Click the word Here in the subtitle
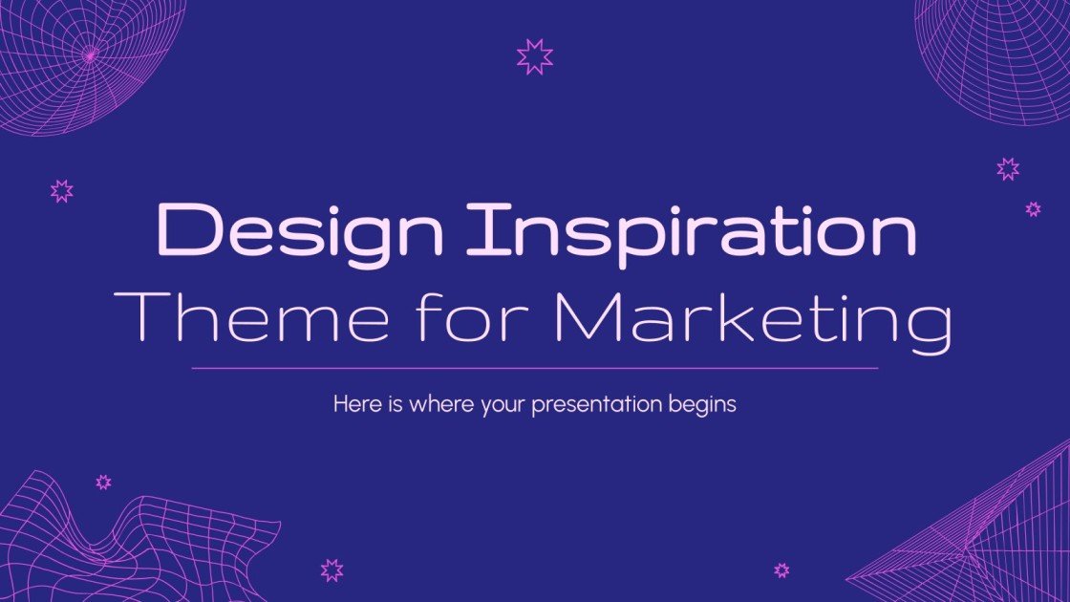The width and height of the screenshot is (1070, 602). tap(353, 404)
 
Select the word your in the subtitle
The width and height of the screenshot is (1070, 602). tap(500, 405)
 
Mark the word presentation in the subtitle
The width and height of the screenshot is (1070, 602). tap(595, 405)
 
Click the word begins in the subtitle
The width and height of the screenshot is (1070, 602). tap(704, 405)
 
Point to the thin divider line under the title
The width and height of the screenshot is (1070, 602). tap(535, 367)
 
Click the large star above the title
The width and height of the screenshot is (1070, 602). tap(535, 57)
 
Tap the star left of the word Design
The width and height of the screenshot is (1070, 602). tap(62, 190)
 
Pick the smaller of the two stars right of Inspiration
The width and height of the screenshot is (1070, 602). tap(1033, 208)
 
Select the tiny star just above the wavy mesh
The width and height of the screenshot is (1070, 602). tap(103, 483)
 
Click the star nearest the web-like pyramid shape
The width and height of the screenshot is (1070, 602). tap(781, 570)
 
